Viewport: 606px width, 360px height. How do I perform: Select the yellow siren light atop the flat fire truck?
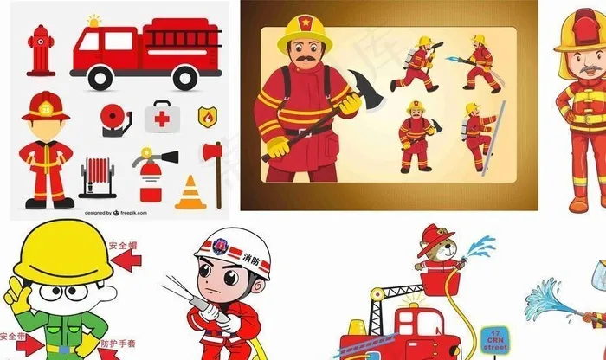[93, 21]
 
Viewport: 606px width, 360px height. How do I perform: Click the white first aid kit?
[160, 116]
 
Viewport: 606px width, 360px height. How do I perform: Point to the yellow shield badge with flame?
[207, 115]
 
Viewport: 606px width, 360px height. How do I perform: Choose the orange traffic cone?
[188, 193]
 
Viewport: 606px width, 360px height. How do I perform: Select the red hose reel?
[96, 178]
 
